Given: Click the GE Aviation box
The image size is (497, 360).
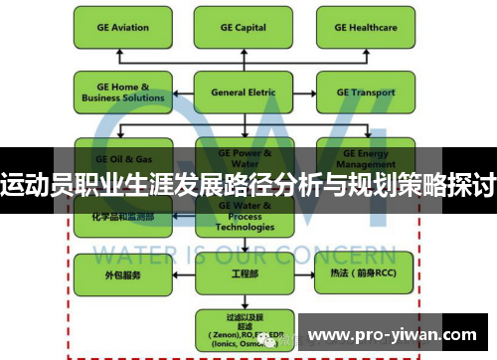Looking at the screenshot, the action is [x=118, y=29].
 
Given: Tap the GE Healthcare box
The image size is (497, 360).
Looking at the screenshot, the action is [x=366, y=29].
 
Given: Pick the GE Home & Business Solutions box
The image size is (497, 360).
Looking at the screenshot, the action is [x=118, y=92].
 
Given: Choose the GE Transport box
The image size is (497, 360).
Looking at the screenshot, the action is [x=366, y=92].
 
